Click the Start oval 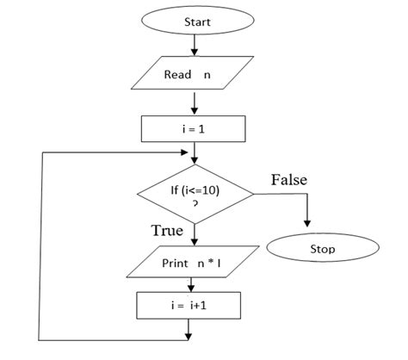tap(198, 21)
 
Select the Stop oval tap(323, 247)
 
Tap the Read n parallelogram tap(192, 73)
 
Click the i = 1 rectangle tap(194, 129)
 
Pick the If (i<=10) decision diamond tap(195, 194)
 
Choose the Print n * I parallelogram tap(193, 262)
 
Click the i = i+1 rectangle tap(189, 306)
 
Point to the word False tap(289, 180)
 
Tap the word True tap(167, 230)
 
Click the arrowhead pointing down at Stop tap(307, 224)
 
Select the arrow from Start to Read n tap(195, 46)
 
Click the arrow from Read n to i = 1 tap(195, 103)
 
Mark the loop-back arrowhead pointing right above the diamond tap(184, 152)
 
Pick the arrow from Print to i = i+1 tap(191, 285)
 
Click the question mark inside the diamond tap(195, 204)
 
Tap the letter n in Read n tap(207, 75)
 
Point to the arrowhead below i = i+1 tap(189, 337)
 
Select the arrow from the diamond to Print tap(195, 235)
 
